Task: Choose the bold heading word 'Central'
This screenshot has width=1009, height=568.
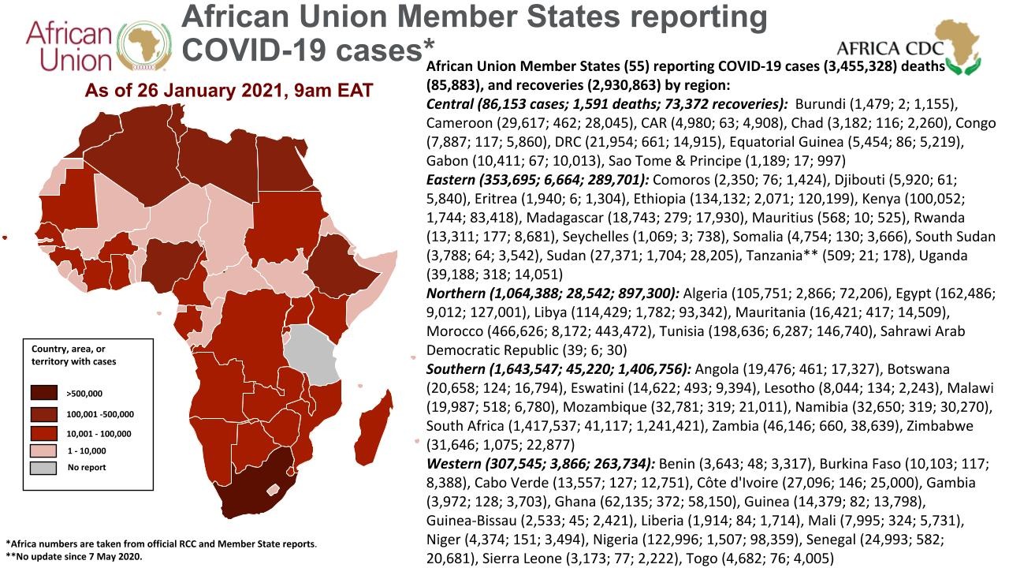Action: (449, 104)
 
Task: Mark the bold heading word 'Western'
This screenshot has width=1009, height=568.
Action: (452, 464)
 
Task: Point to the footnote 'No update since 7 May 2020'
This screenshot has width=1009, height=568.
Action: (78, 556)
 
